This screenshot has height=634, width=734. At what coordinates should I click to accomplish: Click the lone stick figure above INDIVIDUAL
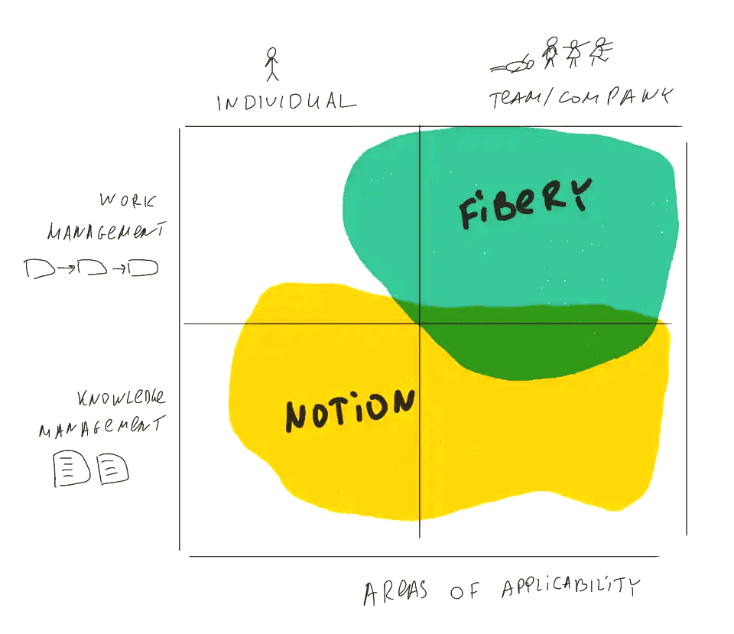click(271, 64)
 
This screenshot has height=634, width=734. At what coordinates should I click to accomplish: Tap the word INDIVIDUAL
click(286, 102)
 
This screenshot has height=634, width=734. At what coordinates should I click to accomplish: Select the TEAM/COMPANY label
click(580, 98)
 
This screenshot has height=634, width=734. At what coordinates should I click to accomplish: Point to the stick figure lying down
click(512, 67)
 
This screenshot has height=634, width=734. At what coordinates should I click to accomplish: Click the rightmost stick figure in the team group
click(602, 50)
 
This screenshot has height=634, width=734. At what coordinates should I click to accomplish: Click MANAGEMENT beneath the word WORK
click(108, 232)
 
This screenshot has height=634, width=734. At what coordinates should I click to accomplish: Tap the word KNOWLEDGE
click(122, 398)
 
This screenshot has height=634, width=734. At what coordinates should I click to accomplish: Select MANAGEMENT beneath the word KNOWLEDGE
click(100, 427)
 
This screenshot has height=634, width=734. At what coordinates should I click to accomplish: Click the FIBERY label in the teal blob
click(525, 202)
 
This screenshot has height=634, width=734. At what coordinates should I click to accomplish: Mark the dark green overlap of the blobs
click(535, 344)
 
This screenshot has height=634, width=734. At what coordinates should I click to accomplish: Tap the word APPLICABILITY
click(570, 588)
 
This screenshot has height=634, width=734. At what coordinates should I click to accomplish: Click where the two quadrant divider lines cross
click(420, 324)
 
